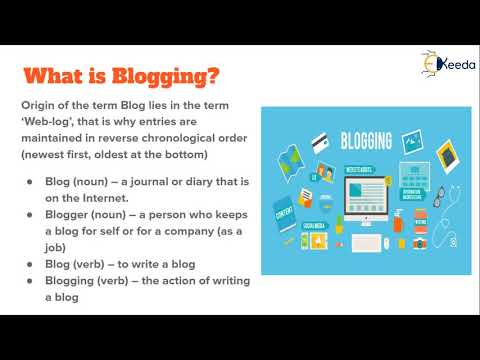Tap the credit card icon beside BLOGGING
[322, 143]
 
